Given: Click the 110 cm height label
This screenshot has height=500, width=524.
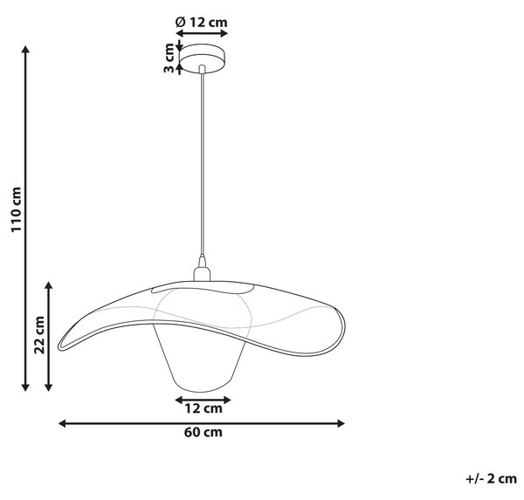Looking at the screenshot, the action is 17,209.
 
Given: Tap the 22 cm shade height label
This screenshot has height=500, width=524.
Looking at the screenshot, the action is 39,335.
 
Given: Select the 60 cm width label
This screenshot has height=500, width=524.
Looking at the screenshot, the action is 203,432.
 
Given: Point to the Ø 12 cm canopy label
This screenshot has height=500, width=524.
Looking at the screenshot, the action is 201,23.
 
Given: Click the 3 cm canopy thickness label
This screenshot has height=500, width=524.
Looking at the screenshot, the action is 169,58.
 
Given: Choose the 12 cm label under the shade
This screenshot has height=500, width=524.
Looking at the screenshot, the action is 203,408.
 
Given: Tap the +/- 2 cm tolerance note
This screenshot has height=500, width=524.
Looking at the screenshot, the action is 491,479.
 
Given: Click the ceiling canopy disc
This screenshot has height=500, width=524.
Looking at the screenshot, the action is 202,58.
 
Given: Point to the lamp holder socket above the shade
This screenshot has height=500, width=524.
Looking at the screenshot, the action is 202,271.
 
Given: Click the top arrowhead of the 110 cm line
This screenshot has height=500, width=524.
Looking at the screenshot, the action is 25,49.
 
